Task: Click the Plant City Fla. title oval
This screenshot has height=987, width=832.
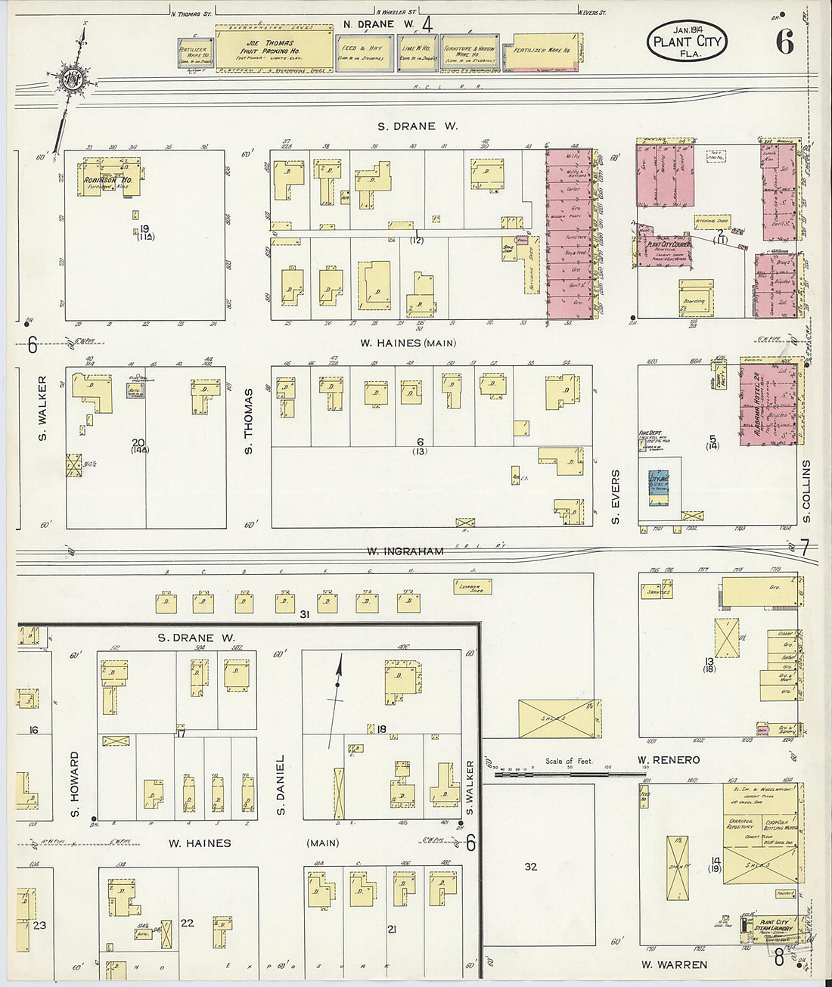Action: (687, 42)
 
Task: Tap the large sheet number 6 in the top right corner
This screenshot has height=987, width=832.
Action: (784, 43)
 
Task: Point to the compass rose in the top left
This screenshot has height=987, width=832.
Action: (72, 78)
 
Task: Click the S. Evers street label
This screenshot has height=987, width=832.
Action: (615, 497)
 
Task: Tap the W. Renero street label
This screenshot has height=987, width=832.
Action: (669, 759)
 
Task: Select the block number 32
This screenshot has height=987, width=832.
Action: (531, 866)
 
